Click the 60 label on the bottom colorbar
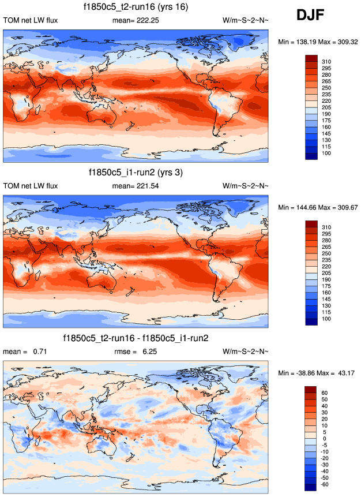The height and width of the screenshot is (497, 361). click(324, 393)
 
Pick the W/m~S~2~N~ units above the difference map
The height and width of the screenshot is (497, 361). click(245, 351)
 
